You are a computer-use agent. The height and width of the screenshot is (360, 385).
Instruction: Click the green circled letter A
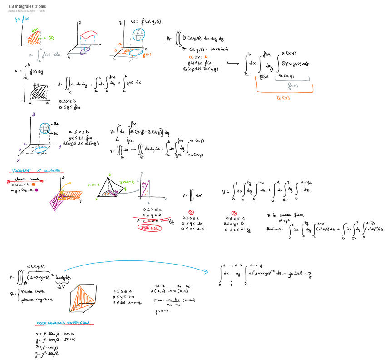pos(52,39)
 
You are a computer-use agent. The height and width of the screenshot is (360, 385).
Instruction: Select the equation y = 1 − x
pos(162,311)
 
